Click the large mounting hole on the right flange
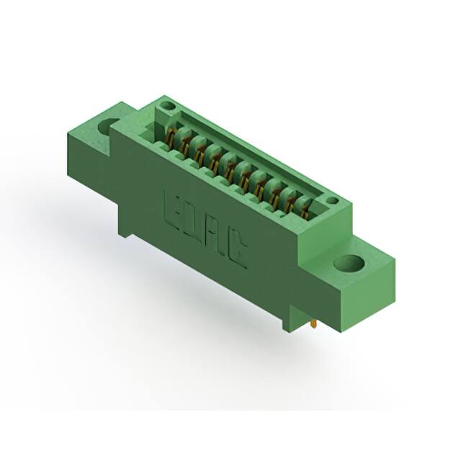pyautogui.click(x=348, y=264)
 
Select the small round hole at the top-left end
pyautogui.click(x=167, y=107)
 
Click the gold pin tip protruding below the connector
pyautogui.click(x=315, y=326)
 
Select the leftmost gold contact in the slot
pyautogui.click(x=171, y=137)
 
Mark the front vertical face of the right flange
pyautogui.click(x=368, y=303)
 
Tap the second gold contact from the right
pyautogui.click(x=290, y=203)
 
